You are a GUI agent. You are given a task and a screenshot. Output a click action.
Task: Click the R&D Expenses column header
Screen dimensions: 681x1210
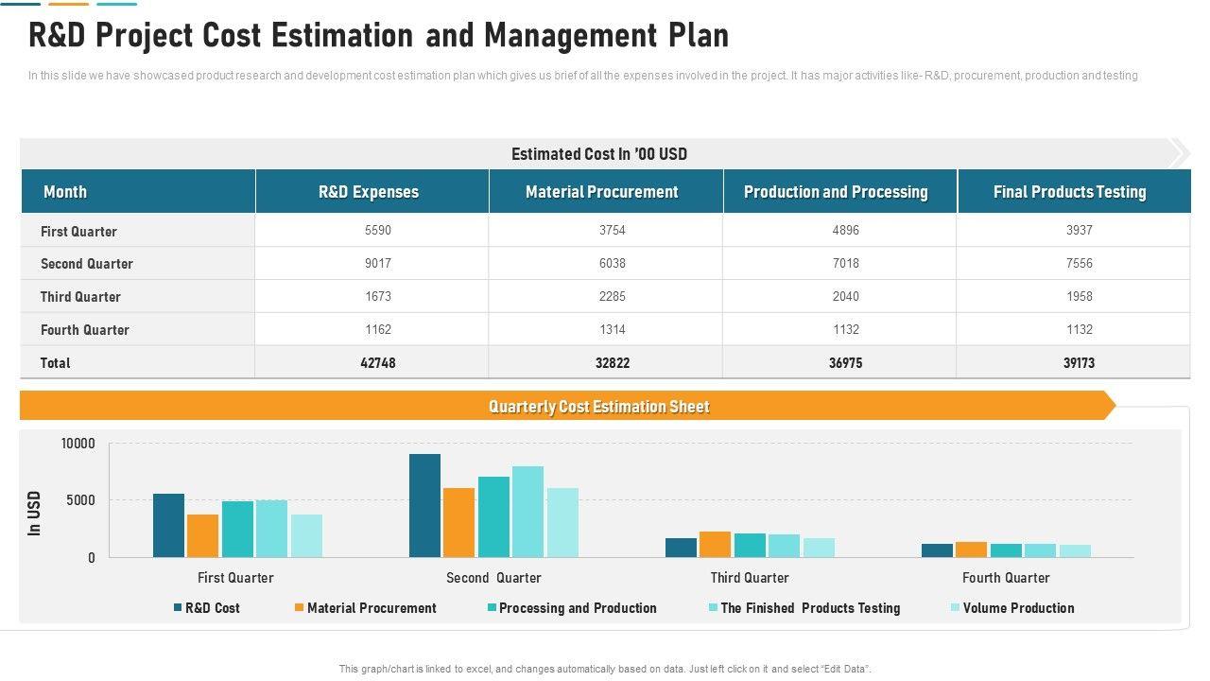(x=369, y=192)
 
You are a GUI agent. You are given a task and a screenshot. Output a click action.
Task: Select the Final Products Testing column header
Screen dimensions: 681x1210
(x=1069, y=192)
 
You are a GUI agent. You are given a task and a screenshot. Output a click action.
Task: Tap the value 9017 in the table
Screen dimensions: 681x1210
(x=378, y=263)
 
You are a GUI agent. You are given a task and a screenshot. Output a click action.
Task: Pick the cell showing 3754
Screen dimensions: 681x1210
(x=613, y=230)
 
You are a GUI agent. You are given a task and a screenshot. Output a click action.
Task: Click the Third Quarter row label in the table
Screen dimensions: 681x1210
(x=80, y=297)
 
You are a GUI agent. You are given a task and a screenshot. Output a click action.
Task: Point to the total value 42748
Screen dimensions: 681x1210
(x=378, y=362)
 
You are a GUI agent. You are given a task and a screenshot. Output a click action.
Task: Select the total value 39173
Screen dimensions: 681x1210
(x=1079, y=362)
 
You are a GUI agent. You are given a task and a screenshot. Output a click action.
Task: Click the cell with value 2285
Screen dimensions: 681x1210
(x=613, y=296)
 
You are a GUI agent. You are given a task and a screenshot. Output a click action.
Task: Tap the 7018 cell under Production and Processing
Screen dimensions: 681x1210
(x=846, y=263)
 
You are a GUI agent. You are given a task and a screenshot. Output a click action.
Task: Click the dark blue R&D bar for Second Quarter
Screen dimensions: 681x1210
(x=424, y=506)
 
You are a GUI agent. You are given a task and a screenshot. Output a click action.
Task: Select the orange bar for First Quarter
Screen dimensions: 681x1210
(x=202, y=535)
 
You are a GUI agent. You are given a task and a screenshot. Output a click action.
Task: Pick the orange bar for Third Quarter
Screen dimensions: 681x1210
(x=715, y=545)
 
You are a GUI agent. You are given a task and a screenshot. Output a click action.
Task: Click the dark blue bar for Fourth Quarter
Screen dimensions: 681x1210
(x=937, y=550)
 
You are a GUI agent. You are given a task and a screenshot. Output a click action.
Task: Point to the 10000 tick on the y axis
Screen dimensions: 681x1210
(x=78, y=444)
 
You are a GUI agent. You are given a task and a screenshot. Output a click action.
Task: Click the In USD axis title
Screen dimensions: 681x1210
(x=35, y=513)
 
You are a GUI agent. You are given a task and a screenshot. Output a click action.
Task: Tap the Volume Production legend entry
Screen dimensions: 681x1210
(x=1018, y=608)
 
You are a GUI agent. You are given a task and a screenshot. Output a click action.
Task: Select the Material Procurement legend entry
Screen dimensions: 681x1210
(x=372, y=608)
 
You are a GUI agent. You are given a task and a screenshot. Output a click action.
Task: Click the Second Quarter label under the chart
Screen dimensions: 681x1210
(x=493, y=578)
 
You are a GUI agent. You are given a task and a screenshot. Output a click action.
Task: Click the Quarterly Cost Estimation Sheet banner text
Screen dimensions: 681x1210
(x=598, y=407)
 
